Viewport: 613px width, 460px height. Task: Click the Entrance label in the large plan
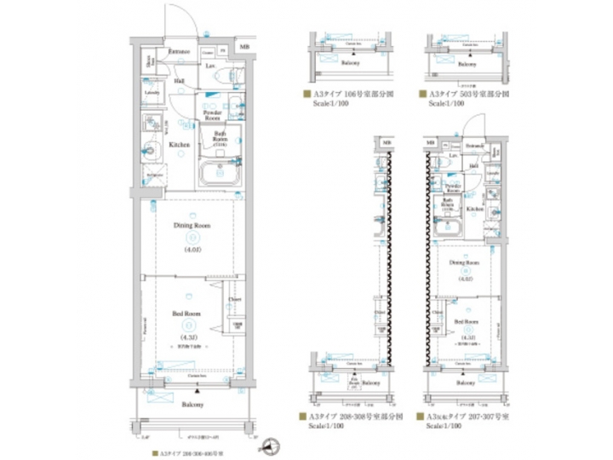[x=178, y=52]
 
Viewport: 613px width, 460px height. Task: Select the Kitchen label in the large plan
[x=178, y=146]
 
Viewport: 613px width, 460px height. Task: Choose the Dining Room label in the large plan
[x=191, y=226]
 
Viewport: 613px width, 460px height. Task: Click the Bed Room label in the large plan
[x=186, y=314]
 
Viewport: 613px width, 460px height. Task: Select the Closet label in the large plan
[x=235, y=300]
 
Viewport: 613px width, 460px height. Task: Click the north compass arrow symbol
[x=272, y=444]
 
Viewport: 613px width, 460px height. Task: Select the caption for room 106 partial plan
[x=349, y=95]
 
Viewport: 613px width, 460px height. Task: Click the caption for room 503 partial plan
[x=465, y=95]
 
